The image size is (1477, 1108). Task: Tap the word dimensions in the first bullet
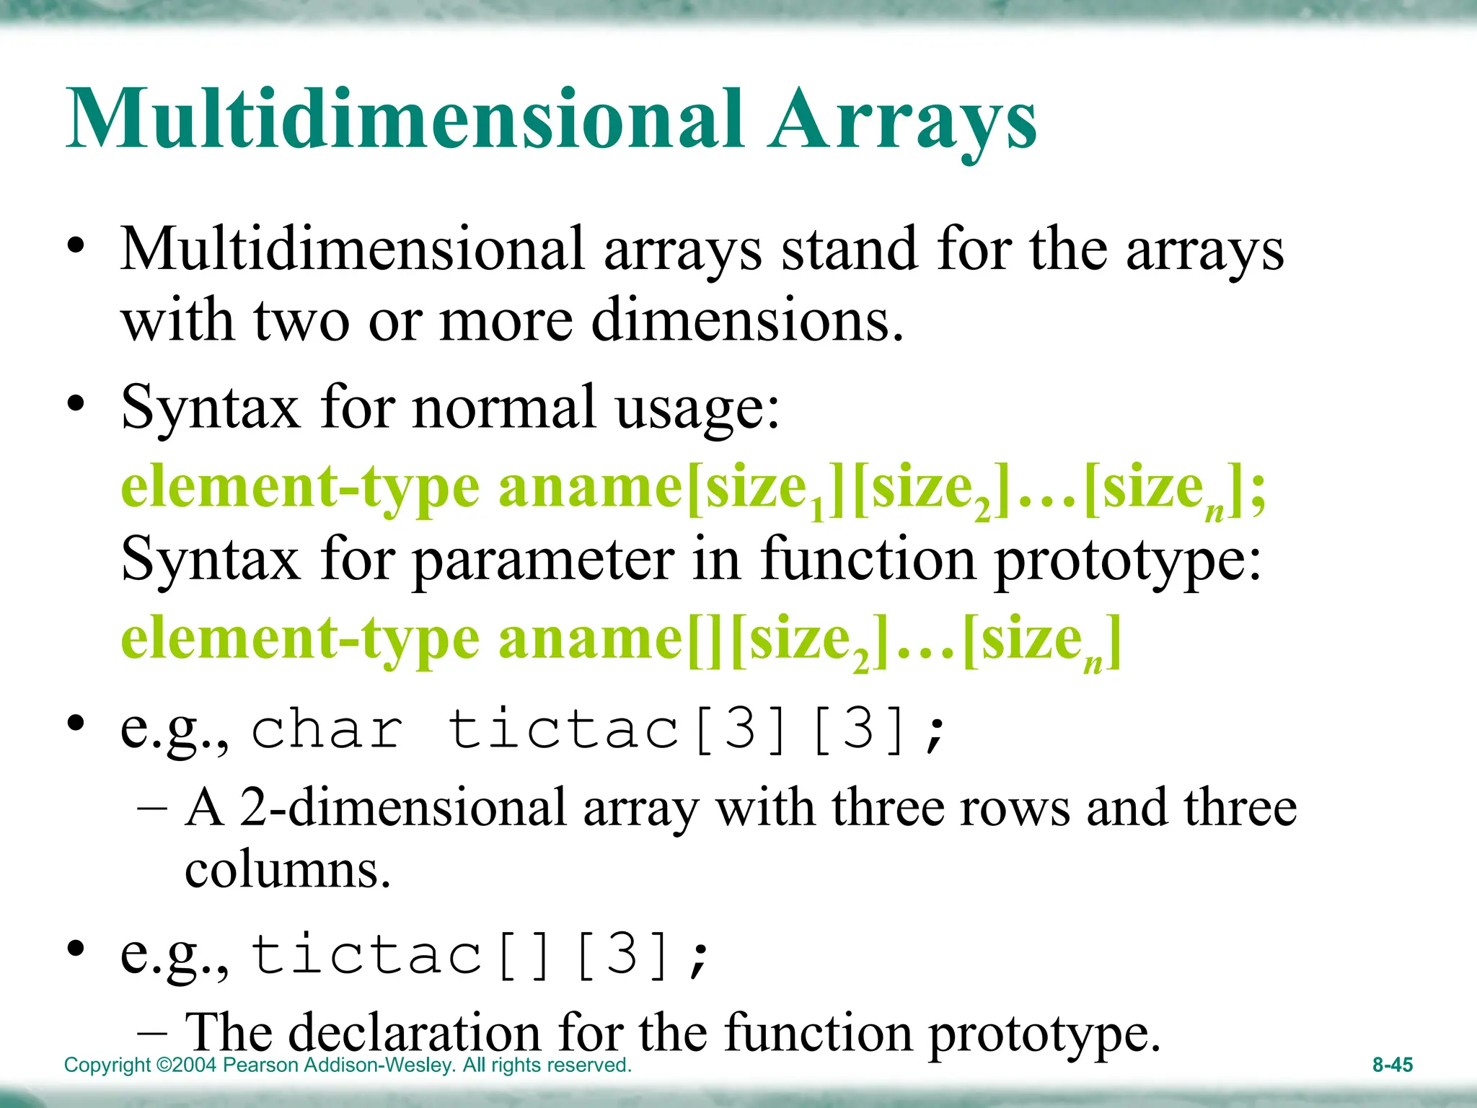click(x=746, y=320)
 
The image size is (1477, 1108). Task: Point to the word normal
click(x=504, y=408)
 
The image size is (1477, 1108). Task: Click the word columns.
click(x=287, y=869)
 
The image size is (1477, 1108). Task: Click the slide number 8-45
click(x=1392, y=1065)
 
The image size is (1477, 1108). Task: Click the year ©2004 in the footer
click(x=186, y=1065)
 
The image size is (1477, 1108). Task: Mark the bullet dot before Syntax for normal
click(x=76, y=403)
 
